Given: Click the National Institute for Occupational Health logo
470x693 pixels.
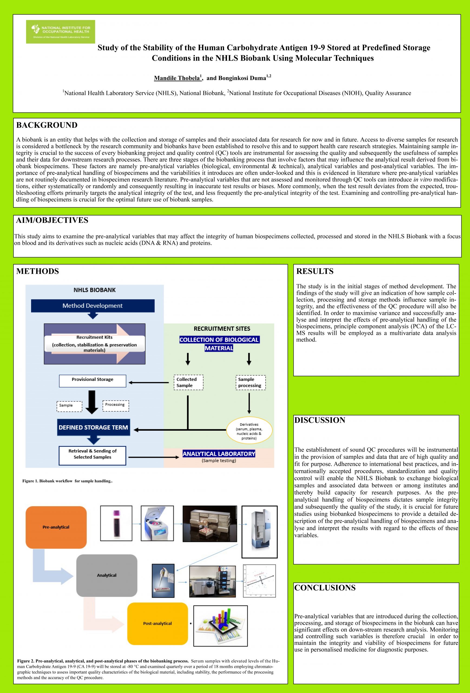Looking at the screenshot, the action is [61, 32].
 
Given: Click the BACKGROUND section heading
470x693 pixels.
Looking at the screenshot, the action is [47, 125].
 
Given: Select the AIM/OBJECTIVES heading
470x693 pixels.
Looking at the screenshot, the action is [52, 220].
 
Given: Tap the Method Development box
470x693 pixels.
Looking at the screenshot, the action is [93, 306].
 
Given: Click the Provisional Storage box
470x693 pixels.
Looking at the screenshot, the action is [92, 381].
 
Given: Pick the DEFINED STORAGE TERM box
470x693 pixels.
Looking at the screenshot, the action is [93, 427].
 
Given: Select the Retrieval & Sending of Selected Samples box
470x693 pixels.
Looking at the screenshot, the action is [92, 455].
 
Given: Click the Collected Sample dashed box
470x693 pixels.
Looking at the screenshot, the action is [188, 382].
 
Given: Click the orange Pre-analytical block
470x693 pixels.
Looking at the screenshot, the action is [56, 527].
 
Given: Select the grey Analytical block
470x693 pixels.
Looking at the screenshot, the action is [107, 576].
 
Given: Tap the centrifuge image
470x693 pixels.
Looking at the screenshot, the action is [157, 523].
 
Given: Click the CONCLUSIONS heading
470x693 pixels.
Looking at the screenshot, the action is [325, 587].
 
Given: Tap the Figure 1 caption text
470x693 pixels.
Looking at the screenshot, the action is [67, 481].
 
